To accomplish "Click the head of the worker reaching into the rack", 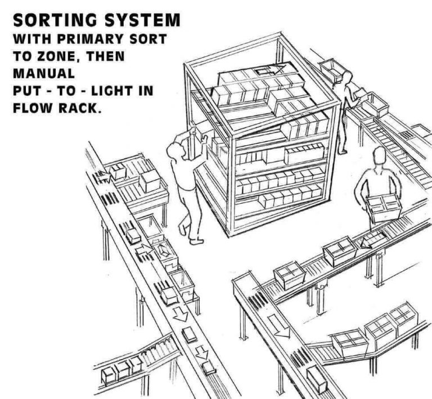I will [x=176, y=151].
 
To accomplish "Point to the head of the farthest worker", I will [x=347, y=77].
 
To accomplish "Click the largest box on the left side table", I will [x=150, y=180].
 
